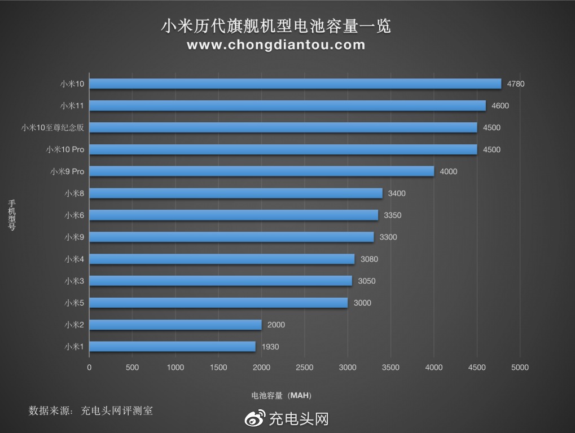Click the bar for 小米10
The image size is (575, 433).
coord(295,83)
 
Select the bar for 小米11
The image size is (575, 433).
coord(287,105)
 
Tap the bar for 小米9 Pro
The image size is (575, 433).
coord(262,171)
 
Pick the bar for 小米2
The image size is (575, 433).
coord(175,325)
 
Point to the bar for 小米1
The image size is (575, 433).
coord(173,347)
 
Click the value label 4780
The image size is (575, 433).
coord(515,84)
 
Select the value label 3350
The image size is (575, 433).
coord(392,215)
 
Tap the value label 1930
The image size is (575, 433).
coord(270,347)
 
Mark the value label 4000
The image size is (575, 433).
coord(448,171)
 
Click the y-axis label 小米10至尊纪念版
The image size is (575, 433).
coord(52,127)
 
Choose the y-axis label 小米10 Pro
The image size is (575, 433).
coord(65,149)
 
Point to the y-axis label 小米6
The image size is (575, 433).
coord(74,215)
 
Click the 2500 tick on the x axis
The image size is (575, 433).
coord(304,368)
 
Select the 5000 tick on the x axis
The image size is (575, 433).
coord(520,368)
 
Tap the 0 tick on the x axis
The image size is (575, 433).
coord(89,368)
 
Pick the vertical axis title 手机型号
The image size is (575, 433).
coord(11,215)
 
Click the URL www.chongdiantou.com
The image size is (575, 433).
coord(276,45)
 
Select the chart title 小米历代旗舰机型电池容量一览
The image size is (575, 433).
coord(276,26)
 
